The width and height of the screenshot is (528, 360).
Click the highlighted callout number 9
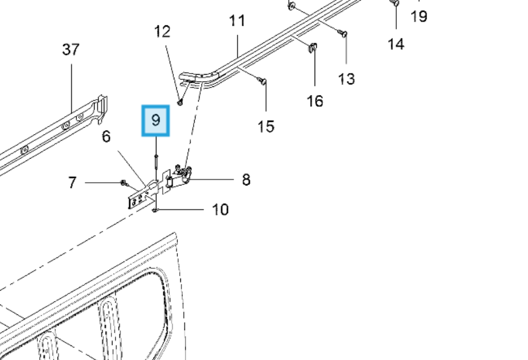click(x=155, y=120)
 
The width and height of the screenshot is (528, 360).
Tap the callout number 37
click(x=71, y=50)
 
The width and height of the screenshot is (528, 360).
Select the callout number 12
click(x=163, y=31)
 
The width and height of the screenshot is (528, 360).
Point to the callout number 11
click(x=237, y=21)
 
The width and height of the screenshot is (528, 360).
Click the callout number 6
click(x=106, y=137)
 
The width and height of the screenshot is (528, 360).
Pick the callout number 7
click(x=72, y=183)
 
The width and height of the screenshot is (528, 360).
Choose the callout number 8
click(x=246, y=180)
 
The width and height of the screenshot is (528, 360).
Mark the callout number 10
click(x=220, y=209)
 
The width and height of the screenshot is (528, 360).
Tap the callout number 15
click(x=266, y=126)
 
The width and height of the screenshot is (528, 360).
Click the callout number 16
click(x=314, y=101)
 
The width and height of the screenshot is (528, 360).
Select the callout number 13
click(x=346, y=78)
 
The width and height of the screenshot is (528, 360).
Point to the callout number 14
click(x=396, y=43)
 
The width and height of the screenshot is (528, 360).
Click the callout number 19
click(x=419, y=16)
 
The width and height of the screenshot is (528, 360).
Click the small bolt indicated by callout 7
click(x=124, y=183)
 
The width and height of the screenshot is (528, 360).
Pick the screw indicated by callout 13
click(x=344, y=34)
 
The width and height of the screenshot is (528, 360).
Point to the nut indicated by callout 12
click(x=180, y=103)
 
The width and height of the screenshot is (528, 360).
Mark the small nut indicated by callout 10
click(x=155, y=210)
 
